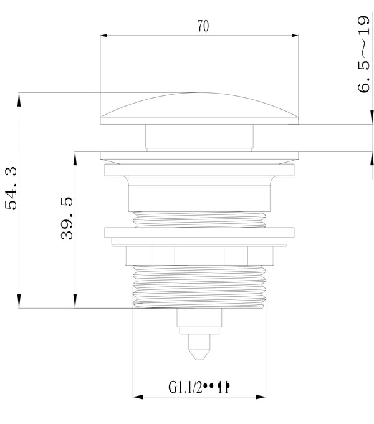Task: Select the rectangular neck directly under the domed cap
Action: (200, 137)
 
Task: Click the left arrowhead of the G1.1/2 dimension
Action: (138, 397)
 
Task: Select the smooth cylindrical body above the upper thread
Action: (200, 198)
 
